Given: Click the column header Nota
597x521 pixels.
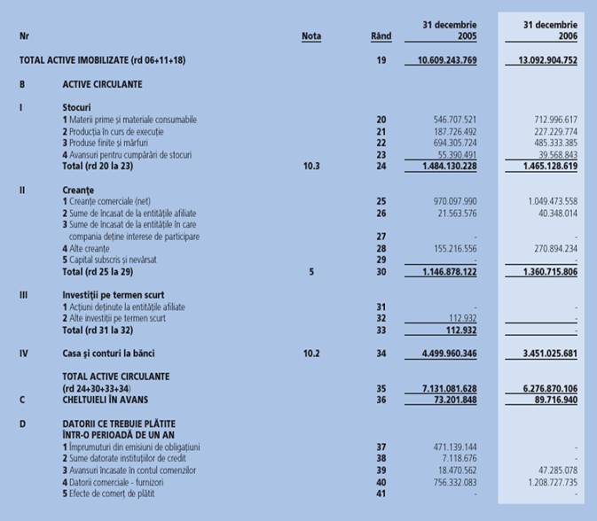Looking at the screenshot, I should click(x=310, y=36).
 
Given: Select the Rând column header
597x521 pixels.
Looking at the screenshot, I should click(x=381, y=36).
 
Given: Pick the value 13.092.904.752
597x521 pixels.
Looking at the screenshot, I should click(x=540, y=60).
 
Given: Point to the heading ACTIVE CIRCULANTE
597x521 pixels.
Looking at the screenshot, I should click(x=102, y=84).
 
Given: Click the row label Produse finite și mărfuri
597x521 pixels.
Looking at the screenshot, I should click(x=110, y=142).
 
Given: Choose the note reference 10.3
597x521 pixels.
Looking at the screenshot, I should click(x=311, y=165).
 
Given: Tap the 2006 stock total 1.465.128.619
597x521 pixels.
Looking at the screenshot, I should click(x=543, y=165).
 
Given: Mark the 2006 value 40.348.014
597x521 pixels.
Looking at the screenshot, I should click(x=554, y=213).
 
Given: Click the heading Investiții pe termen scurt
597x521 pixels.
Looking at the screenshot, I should click(x=113, y=293).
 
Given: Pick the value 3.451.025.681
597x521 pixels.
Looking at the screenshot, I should click(x=543, y=353).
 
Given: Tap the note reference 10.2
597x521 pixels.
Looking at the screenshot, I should click(x=311, y=352).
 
